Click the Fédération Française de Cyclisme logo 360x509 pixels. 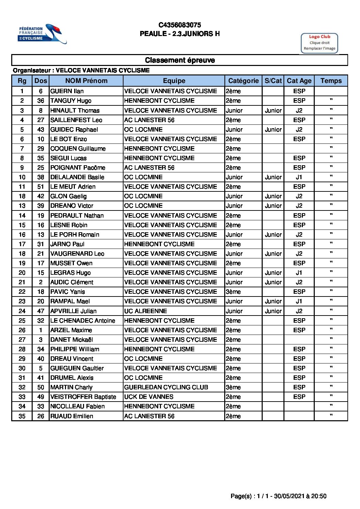click(x=42, y=34)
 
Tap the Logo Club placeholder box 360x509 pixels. click(x=319, y=43)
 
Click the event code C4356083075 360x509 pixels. click(x=180, y=25)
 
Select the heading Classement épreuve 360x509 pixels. click(x=180, y=60)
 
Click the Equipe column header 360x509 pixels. click(x=174, y=81)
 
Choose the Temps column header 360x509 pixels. click(x=331, y=81)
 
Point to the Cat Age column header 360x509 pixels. click(x=299, y=81)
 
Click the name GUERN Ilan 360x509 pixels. click(x=67, y=91)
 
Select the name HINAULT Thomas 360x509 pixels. click(x=75, y=111)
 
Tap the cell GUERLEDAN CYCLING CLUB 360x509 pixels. click(x=166, y=387)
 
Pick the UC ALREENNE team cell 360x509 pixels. click(x=146, y=311)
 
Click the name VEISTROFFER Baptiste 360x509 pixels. click(x=83, y=397)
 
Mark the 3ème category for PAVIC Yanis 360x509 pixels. click(x=233, y=292)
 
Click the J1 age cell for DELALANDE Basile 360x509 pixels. click(x=299, y=177)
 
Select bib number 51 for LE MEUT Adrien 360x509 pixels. click(x=41, y=187)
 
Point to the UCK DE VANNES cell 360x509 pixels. click(x=149, y=397)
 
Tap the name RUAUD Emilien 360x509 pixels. click(x=72, y=416)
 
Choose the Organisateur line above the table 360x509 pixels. click(x=81, y=70)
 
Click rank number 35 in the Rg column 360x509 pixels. click(x=22, y=416)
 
